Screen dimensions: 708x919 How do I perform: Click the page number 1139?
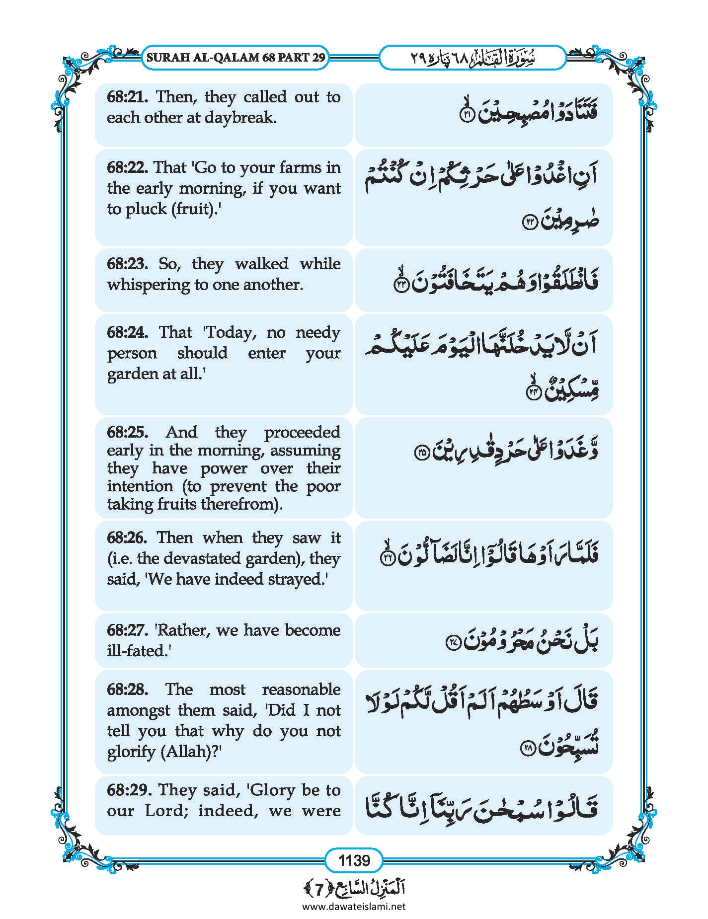click(x=354, y=859)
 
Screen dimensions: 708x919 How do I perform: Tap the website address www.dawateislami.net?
click(x=354, y=907)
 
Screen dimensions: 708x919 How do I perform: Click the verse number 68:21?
click(x=127, y=96)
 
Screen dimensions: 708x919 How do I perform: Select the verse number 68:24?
click(x=127, y=332)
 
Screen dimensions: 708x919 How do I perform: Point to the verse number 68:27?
click(x=127, y=630)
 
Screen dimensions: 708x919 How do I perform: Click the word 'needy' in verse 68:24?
click(x=317, y=332)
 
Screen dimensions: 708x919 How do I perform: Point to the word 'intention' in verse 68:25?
click(x=140, y=486)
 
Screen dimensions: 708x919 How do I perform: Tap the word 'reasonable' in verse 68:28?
click(x=301, y=689)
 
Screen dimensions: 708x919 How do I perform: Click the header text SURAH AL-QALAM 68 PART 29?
click(x=236, y=57)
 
